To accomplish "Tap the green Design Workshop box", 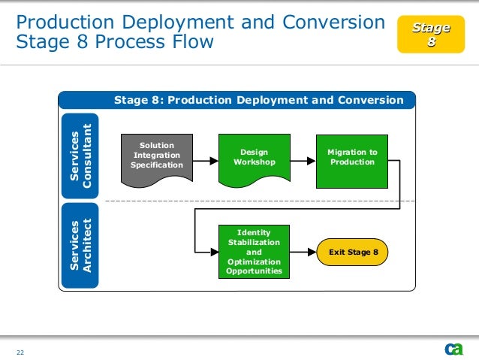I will click(x=254, y=159).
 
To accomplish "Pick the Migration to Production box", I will click(x=352, y=158).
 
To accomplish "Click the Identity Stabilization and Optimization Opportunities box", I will click(x=254, y=252).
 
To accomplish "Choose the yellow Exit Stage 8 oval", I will click(x=353, y=253).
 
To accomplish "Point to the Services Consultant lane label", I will click(x=80, y=156).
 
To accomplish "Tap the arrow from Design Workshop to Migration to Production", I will click(x=302, y=160).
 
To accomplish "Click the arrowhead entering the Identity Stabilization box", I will click(x=213, y=253).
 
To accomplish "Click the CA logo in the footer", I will click(x=453, y=349).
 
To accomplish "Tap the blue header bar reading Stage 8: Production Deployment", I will click(x=258, y=100).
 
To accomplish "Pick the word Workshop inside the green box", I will click(x=254, y=162).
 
